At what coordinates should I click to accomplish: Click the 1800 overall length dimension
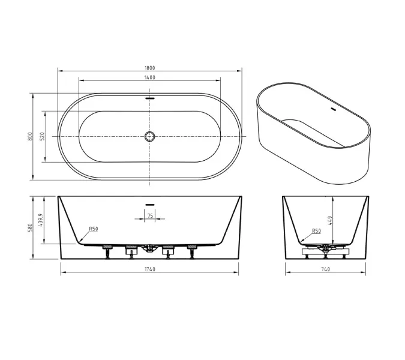(x=149, y=68)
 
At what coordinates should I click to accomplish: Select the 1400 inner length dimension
(x=149, y=77)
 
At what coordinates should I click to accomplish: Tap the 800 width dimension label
(x=30, y=136)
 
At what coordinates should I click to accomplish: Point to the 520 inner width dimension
(x=43, y=136)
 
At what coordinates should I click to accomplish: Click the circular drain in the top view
(x=149, y=136)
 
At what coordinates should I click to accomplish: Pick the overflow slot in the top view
(x=149, y=98)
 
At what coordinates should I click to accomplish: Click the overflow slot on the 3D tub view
(x=333, y=109)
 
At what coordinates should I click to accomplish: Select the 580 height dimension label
(x=30, y=227)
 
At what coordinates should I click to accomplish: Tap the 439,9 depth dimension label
(x=40, y=220)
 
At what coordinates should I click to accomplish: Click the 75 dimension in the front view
(x=150, y=215)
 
